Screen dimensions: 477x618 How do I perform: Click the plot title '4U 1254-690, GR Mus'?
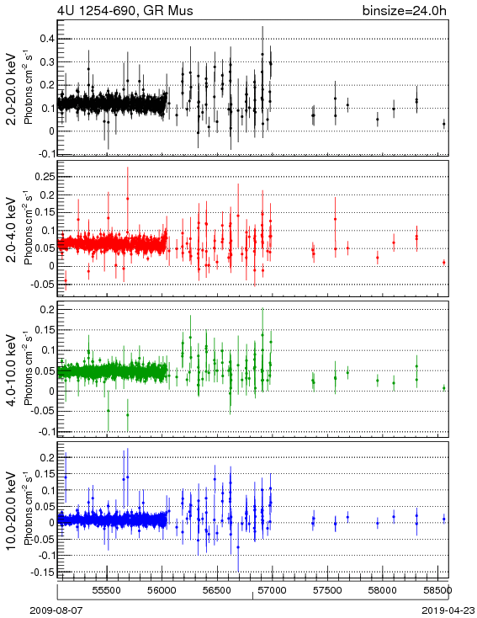(x=125, y=10)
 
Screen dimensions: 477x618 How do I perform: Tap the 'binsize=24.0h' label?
(x=405, y=10)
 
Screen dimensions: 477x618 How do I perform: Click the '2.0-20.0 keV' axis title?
(x=12, y=89)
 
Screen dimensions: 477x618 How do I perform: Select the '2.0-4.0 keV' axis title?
(x=12, y=230)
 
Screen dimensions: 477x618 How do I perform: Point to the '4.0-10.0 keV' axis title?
(x=12, y=370)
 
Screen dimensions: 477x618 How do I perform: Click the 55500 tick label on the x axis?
(x=107, y=590)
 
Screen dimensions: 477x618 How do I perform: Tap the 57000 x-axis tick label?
(x=273, y=590)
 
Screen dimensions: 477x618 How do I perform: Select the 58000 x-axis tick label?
(x=383, y=590)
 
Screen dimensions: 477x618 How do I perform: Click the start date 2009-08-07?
(x=56, y=610)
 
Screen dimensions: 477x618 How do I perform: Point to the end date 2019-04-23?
(x=448, y=610)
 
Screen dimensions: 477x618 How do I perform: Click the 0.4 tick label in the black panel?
(x=47, y=39)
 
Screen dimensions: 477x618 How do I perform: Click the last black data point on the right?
(x=444, y=124)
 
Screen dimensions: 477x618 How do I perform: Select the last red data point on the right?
(x=444, y=263)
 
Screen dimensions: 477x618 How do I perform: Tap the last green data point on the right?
(x=444, y=388)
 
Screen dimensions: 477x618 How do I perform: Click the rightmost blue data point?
(x=444, y=519)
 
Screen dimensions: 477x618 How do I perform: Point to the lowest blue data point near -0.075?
(x=238, y=547)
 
